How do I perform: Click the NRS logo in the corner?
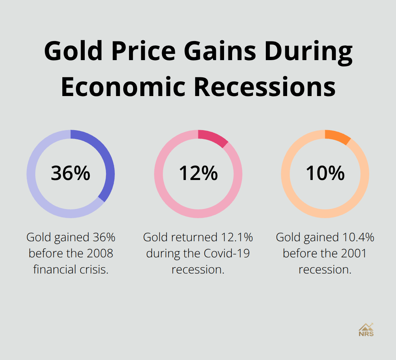click(366, 330)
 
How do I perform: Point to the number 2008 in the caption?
click(100, 253)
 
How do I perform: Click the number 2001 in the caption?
click(353, 253)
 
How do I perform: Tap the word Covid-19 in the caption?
click(227, 253)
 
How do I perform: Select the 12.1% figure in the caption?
click(237, 237)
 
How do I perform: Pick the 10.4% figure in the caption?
click(358, 237)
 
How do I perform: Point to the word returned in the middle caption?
click(194, 237)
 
